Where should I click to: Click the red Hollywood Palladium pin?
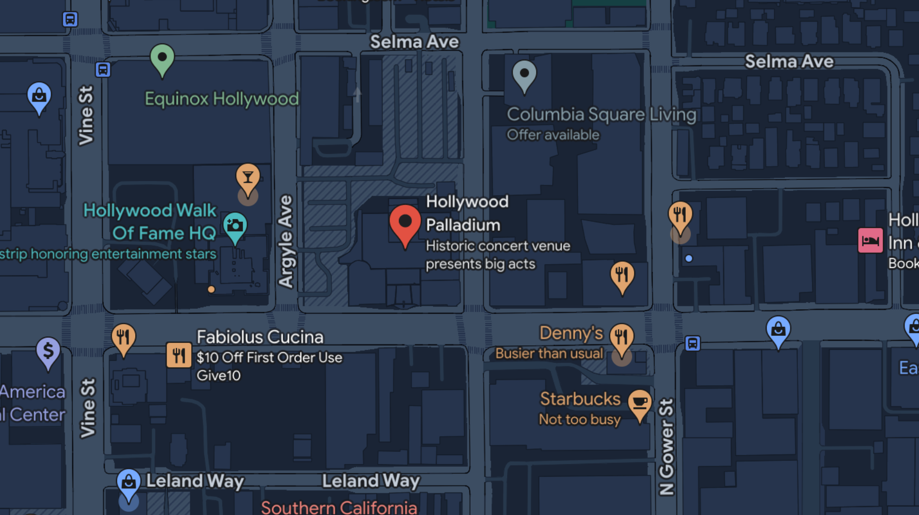click(405, 223)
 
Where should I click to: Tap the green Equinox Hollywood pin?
click(162, 59)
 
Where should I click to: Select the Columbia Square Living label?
click(601, 115)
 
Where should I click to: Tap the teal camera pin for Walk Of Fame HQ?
click(235, 226)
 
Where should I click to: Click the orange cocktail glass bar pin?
click(248, 178)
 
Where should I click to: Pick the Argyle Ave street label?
click(286, 241)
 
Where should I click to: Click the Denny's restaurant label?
click(571, 333)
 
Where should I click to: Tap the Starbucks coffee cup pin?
click(640, 403)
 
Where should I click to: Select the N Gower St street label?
click(666, 446)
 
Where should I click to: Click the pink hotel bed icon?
click(870, 241)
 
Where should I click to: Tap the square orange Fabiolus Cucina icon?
click(179, 355)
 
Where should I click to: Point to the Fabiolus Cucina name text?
click(260, 337)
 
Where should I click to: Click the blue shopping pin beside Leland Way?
click(129, 482)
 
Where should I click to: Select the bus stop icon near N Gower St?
click(692, 343)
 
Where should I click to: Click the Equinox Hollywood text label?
click(222, 99)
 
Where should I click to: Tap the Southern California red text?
click(339, 507)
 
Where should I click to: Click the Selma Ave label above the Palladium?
click(414, 42)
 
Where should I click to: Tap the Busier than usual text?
click(549, 354)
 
